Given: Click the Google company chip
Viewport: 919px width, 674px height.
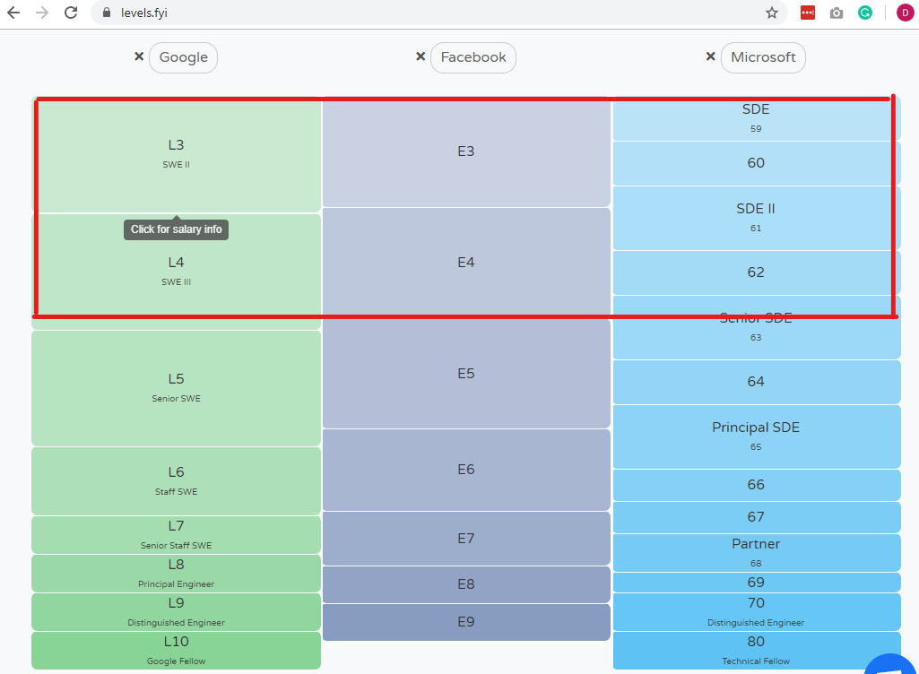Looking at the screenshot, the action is point(183,57).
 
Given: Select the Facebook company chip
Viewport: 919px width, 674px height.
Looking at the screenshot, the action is point(473,57).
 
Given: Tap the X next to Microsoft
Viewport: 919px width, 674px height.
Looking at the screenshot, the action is point(710,56).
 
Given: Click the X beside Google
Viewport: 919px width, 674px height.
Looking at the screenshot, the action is point(139,56).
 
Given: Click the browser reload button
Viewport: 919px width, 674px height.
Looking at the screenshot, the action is point(71,13).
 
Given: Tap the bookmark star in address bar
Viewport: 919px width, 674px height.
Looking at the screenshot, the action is point(772,13).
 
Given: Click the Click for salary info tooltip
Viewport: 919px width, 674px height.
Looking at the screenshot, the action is point(176,229).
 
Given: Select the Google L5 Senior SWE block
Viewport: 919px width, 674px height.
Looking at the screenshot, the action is point(176,388).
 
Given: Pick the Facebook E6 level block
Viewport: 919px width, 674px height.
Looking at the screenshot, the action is point(466,470).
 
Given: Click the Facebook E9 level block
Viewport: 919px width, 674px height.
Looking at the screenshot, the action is point(466,622).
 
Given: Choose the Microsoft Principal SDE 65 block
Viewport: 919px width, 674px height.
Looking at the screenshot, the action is point(756,436).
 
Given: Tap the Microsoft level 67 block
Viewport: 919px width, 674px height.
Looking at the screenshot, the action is point(756,517).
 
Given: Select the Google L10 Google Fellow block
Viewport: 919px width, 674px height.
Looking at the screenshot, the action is point(176,650).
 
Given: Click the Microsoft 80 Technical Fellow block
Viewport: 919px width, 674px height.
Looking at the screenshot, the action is point(756,650).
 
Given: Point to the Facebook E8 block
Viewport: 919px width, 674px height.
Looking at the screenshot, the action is point(466,584).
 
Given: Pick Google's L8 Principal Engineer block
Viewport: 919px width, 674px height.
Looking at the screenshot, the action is point(176,574).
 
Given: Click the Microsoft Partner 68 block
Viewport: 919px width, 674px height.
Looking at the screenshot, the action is point(756,552).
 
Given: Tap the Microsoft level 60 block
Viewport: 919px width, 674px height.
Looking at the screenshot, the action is point(756,163).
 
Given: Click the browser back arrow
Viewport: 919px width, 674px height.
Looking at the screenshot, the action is point(13,13).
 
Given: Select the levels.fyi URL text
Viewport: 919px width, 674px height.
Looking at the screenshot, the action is point(144,13).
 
